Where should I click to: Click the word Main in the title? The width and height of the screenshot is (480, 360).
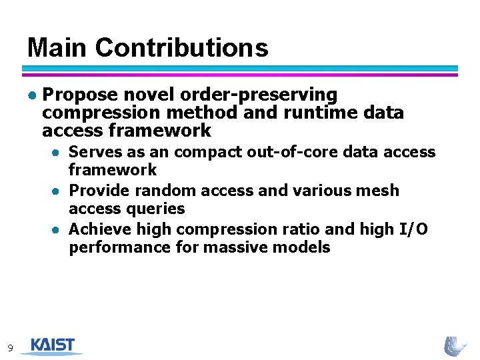57,48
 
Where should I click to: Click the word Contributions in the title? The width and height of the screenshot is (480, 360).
181,48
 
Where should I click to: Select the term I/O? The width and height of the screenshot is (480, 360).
413,229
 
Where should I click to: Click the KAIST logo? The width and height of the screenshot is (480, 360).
51,345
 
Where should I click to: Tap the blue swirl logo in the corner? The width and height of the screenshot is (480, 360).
456,345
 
